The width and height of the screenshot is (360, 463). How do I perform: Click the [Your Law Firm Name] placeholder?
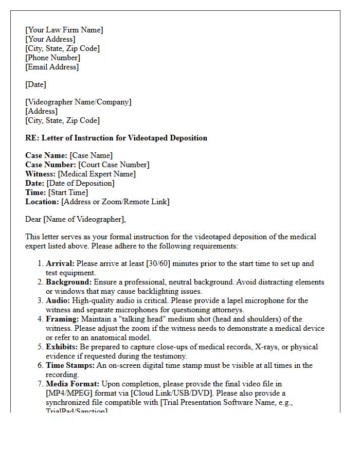[x=64, y=30]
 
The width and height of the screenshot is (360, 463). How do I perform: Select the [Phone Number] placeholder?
[x=52, y=58]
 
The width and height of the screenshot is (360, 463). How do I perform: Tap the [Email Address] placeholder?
[x=52, y=67]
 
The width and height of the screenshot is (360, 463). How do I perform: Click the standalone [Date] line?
[x=35, y=84]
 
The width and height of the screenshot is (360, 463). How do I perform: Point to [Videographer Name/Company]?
[x=78, y=102]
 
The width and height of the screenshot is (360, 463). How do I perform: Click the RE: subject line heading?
[x=116, y=138]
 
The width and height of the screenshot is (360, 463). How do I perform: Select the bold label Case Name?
[x=46, y=155]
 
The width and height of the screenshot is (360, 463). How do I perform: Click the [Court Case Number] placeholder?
[x=114, y=165]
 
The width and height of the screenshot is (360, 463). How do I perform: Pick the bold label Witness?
[x=40, y=174]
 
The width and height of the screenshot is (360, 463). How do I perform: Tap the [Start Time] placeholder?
[x=68, y=192]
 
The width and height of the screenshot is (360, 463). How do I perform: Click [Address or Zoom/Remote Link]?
[x=115, y=202]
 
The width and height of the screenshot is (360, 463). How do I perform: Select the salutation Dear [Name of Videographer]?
[x=76, y=219]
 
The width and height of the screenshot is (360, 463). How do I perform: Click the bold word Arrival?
[x=60, y=263]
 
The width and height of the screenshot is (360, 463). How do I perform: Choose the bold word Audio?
[x=58, y=300]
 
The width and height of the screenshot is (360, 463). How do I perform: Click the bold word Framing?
[x=62, y=319]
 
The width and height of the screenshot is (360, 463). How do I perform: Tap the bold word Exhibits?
[x=62, y=347]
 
